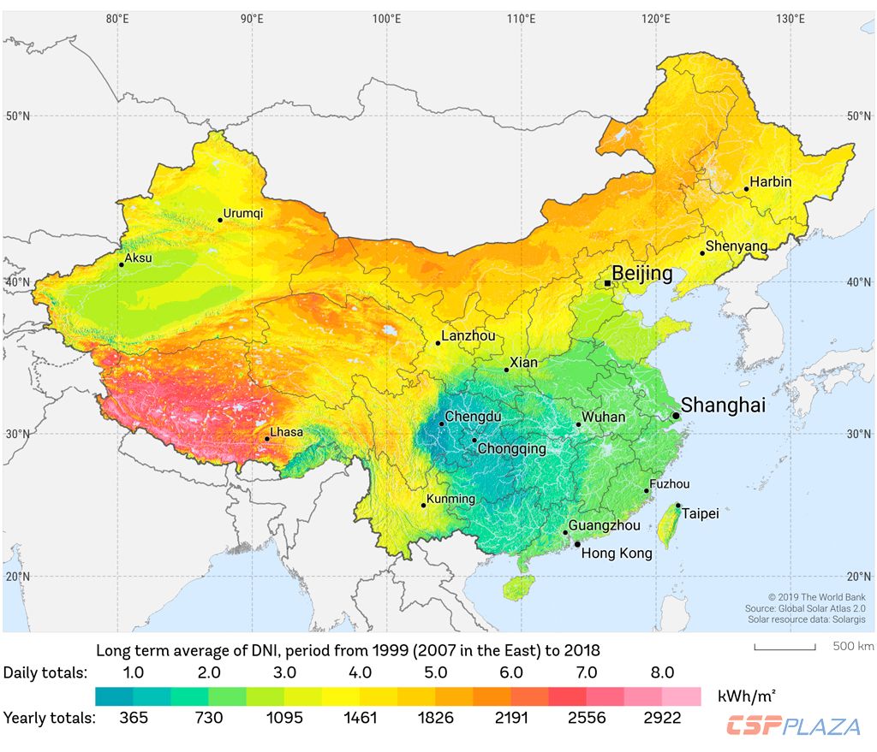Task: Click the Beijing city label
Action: tap(642, 274)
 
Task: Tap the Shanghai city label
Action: tap(723, 406)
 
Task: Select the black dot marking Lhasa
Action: tap(267, 439)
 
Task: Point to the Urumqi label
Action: tap(244, 213)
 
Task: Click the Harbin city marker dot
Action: tap(747, 189)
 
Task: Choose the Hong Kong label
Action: tap(617, 554)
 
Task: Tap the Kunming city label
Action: tap(451, 499)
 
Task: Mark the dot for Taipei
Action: tap(678, 506)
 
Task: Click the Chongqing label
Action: tap(511, 448)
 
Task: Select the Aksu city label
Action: tap(138, 258)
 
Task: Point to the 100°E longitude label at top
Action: tap(387, 19)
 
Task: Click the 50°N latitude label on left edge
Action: tap(17, 115)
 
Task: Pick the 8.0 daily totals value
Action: tap(663, 672)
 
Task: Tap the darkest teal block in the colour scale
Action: tap(114, 696)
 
